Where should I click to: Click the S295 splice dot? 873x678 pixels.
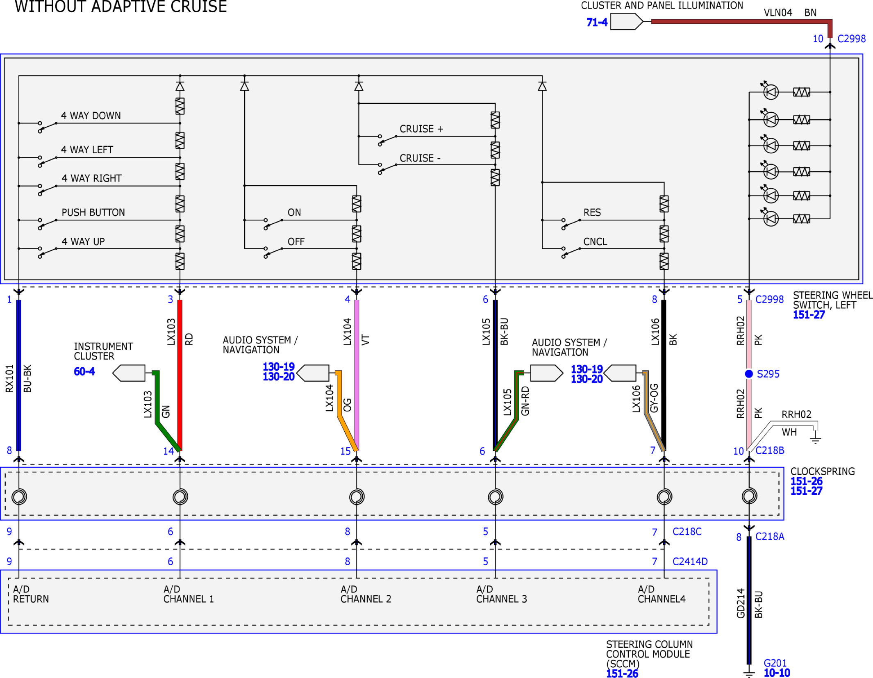[x=749, y=373]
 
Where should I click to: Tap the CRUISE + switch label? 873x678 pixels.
[x=421, y=129]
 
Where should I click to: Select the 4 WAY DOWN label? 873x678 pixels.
[x=91, y=116]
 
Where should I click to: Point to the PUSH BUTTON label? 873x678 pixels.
[x=93, y=212]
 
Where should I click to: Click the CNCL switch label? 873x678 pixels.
[x=595, y=241]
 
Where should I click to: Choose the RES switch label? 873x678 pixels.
[x=592, y=212]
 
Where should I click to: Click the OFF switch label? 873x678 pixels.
[x=296, y=241]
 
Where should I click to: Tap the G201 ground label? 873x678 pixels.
[x=775, y=663]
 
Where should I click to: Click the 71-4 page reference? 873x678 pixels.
[x=597, y=22]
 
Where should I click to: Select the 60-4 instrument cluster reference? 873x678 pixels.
[x=84, y=371]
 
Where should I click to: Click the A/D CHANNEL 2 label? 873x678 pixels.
[x=366, y=594]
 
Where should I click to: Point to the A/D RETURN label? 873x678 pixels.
[x=31, y=594]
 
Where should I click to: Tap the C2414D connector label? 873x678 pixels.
[x=690, y=561]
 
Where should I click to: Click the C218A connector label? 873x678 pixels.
[x=770, y=536]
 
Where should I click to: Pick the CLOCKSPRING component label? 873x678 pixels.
[x=823, y=471]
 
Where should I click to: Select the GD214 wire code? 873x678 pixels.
[x=741, y=603]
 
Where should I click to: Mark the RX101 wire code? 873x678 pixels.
[x=9, y=378]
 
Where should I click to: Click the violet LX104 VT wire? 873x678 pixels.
[x=357, y=375]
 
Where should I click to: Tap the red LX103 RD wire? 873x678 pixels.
[x=180, y=375]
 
